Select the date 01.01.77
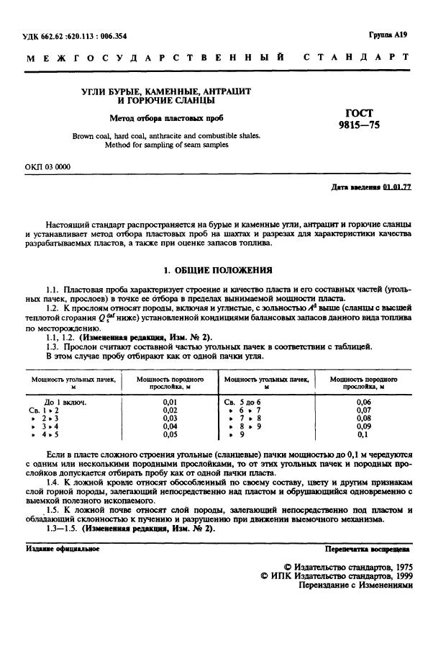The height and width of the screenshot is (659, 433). (397, 187)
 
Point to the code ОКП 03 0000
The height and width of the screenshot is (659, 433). (47, 167)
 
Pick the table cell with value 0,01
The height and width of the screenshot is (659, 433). (170, 401)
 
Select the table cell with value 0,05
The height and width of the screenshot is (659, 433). (170, 434)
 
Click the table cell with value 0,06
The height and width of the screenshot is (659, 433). (363, 401)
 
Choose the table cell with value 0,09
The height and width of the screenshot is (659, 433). (363, 426)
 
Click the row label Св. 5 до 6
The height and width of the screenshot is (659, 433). (243, 401)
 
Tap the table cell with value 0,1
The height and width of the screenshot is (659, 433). (363, 434)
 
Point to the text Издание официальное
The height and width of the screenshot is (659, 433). (63, 549)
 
